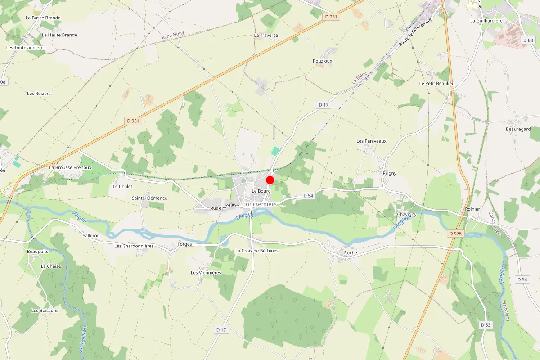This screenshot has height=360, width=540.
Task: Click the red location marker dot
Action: (x=270, y=180)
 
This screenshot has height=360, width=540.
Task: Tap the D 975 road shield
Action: (x=456, y=234)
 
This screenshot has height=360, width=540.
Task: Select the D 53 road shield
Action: (x=486, y=325)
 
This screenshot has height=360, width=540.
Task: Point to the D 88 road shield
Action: (x=528, y=40)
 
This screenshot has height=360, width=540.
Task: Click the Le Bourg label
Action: (x=261, y=191)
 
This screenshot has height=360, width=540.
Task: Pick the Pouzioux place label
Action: (x=322, y=61)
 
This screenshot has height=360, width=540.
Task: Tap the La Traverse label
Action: (x=266, y=35)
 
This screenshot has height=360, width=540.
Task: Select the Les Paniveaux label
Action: (x=371, y=141)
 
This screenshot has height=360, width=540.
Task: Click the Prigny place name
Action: (x=389, y=173)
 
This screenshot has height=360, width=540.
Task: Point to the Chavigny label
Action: (x=407, y=215)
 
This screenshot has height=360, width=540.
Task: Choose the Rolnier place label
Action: (x=472, y=209)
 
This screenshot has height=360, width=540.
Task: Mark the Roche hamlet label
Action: (x=350, y=253)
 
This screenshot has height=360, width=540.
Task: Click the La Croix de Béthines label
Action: (x=257, y=251)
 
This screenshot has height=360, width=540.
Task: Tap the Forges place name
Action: (x=185, y=244)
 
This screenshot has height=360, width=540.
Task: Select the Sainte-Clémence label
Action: (x=149, y=198)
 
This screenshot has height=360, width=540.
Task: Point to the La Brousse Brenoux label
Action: (x=70, y=167)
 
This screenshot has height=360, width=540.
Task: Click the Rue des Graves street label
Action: (x=225, y=207)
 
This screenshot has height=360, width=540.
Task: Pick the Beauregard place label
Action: (x=518, y=129)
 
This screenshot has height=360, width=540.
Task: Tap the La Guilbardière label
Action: (x=486, y=21)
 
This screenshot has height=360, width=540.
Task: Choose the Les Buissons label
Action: (x=45, y=310)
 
